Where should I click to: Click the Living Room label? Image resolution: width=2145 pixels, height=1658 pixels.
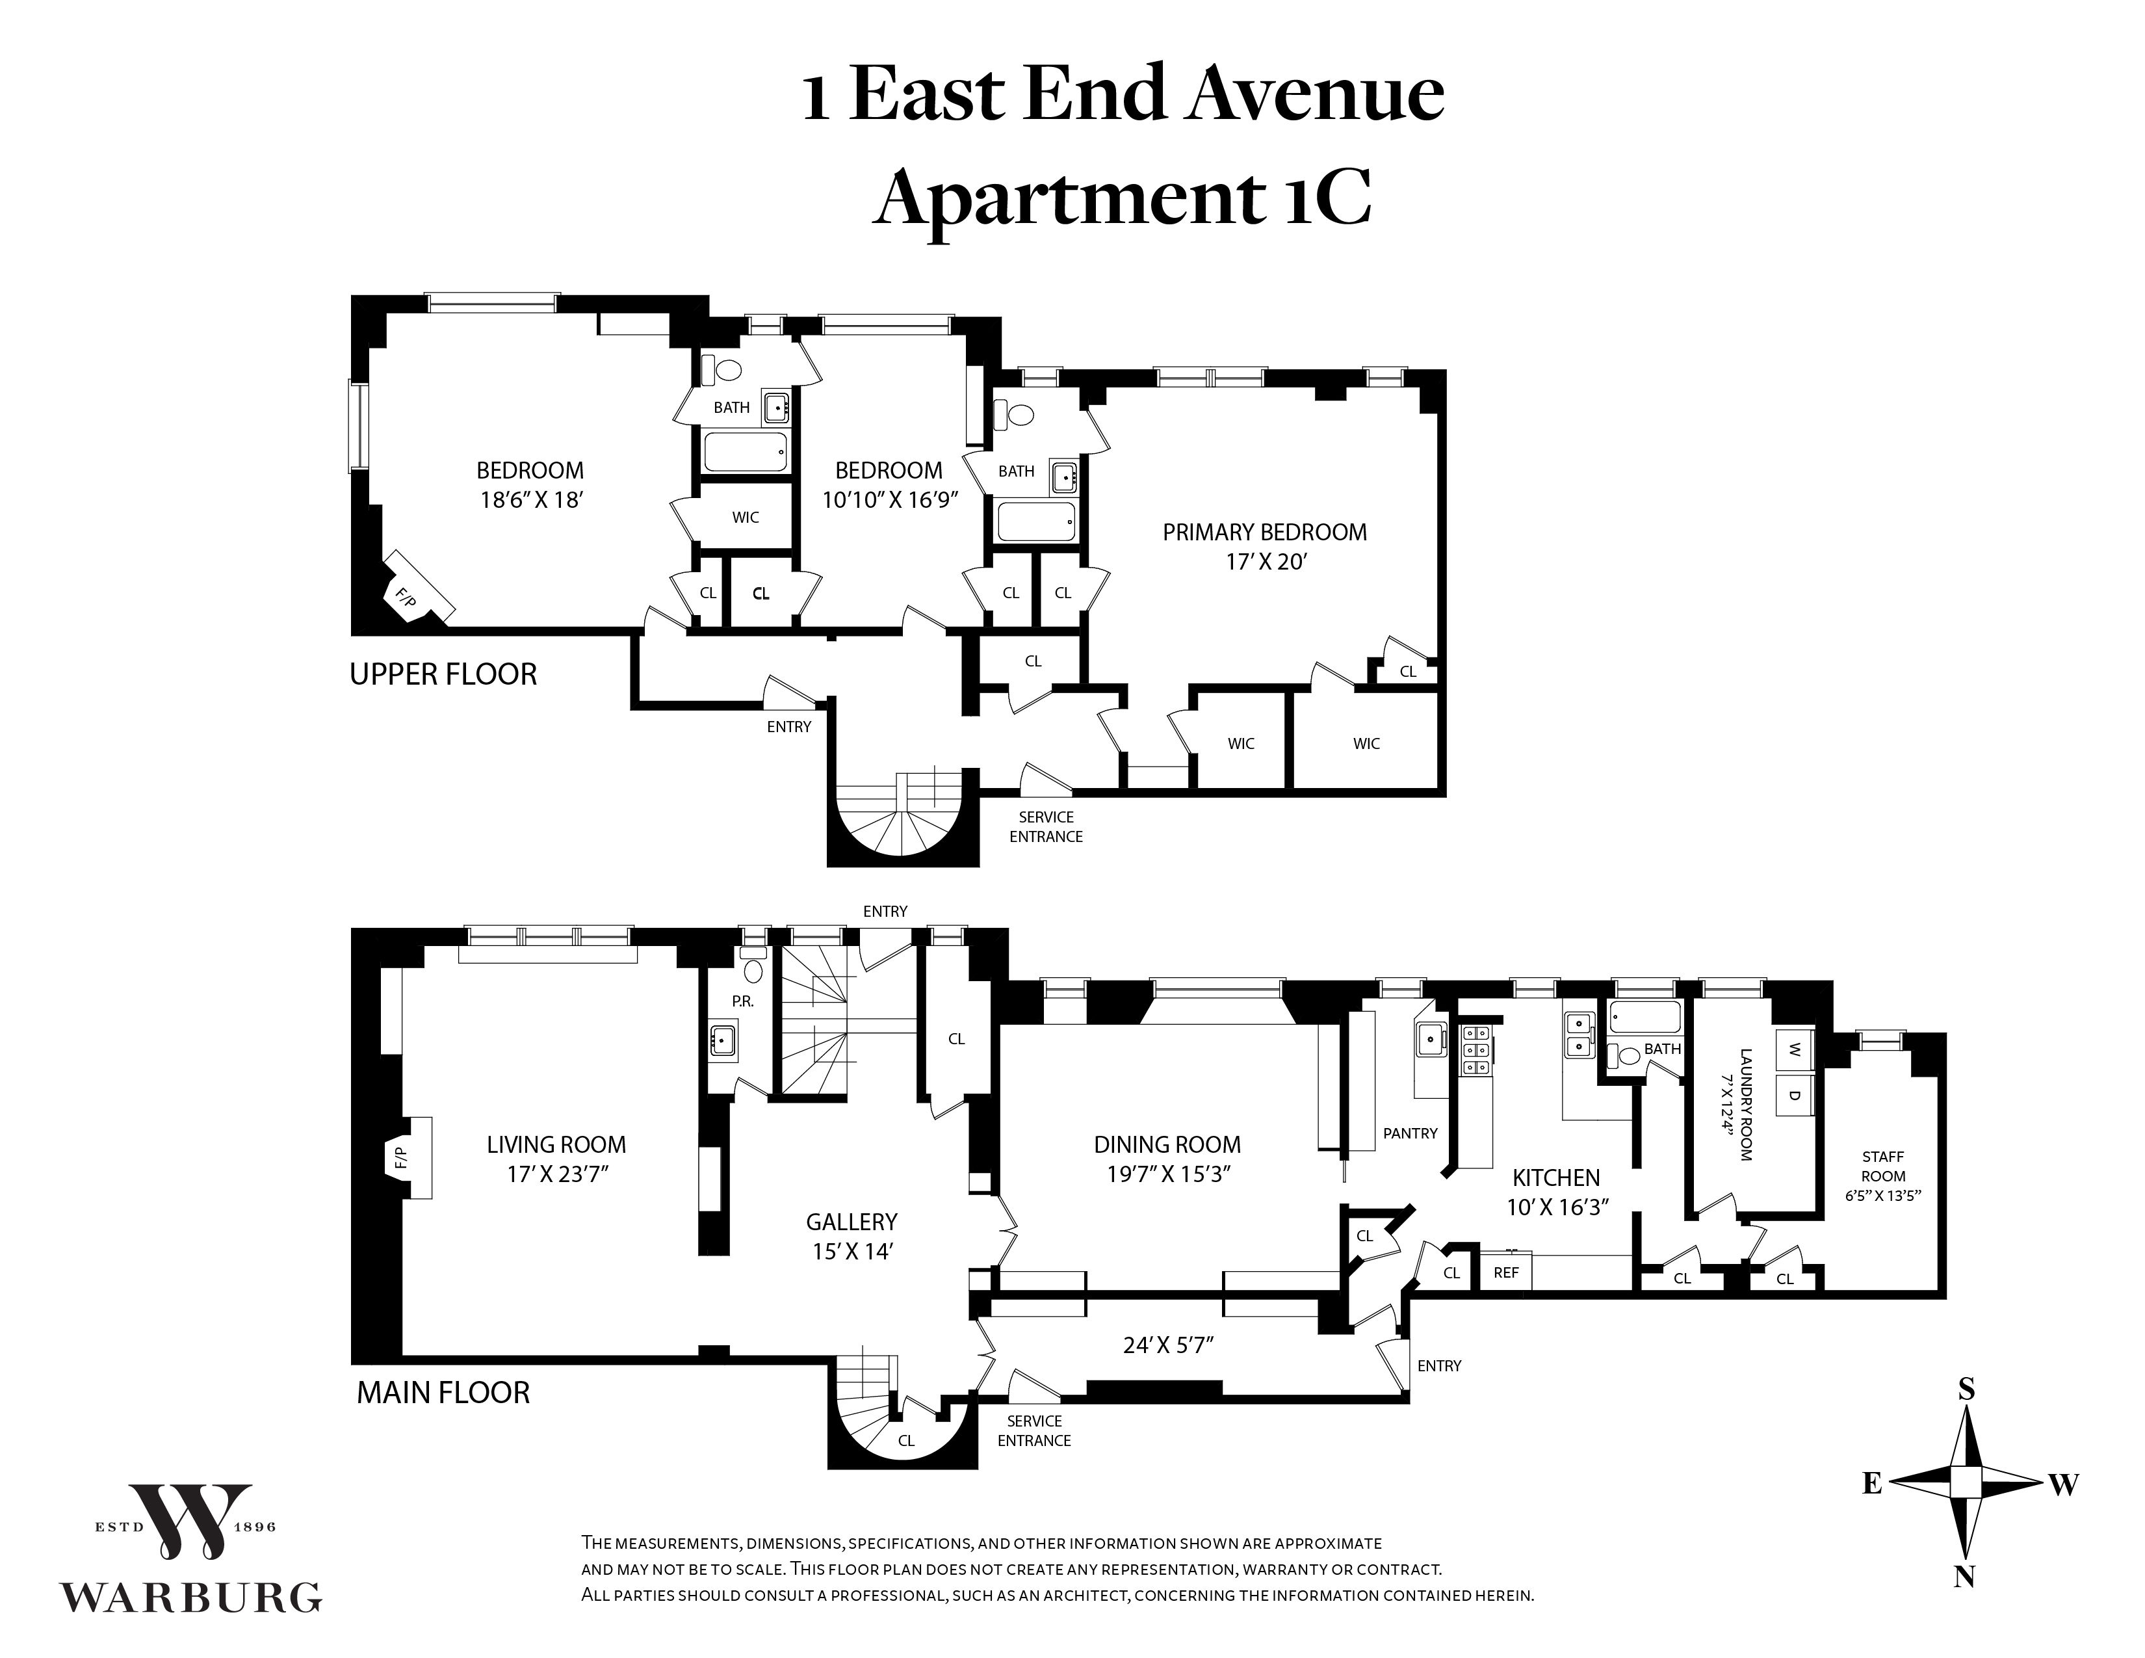click(556, 1144)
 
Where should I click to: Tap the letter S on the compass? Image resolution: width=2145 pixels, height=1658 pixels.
click(1966, 1388)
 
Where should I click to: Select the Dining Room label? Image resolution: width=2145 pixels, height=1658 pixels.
click(1167, 1144)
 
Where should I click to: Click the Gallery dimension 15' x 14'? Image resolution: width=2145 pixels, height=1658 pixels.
click(851, 1252)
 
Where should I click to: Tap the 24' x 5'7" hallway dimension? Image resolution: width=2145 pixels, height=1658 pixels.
click(1169, 1345)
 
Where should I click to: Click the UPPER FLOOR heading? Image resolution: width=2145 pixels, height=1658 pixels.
click(443, 675)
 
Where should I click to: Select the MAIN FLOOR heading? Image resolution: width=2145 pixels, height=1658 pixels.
click(443, 1393)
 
